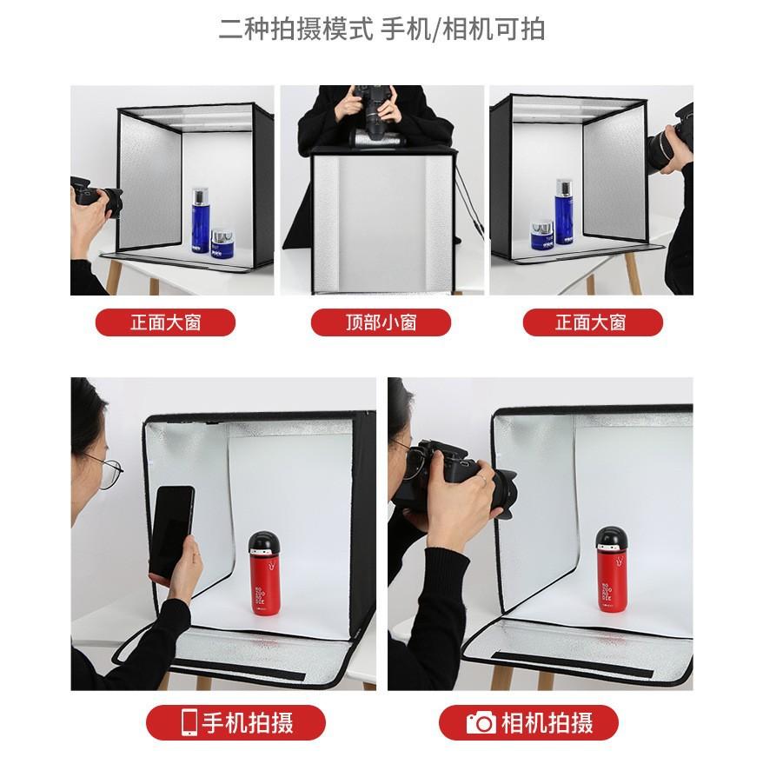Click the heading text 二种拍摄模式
(295, 29)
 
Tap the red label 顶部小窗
(381, 322)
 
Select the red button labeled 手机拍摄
(236, 722)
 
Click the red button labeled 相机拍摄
(528, 722)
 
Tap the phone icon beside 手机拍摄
(189, 722)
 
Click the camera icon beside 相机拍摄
(481, 722)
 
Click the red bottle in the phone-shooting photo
(264, 574)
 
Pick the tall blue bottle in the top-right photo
(564, 211)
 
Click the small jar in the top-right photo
(542, 236)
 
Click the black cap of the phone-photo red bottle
(264, 541)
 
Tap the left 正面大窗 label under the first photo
(166, 322)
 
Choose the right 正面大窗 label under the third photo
(593, 322)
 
